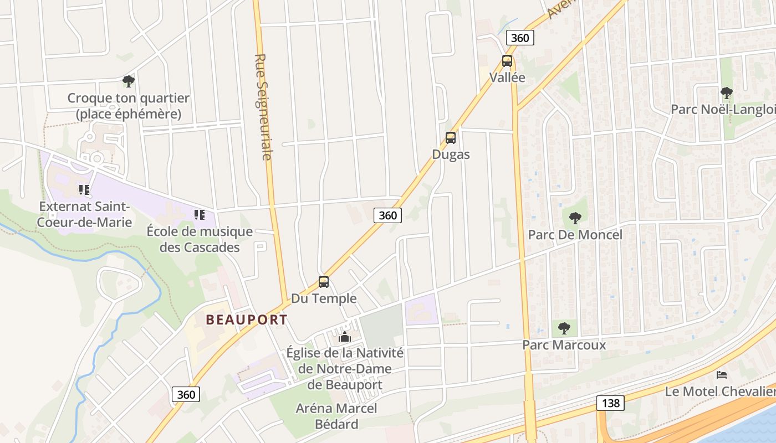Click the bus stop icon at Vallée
pos(507,61)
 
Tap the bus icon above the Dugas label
pos(451,138)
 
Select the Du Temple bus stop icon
pos(324,282)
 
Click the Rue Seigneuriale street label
pos(263,107)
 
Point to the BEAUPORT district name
pos(247,320)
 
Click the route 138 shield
pos(610,403)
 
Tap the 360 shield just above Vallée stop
pos(520,38)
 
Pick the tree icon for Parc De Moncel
pos(575,218)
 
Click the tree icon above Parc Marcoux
pos(564,328)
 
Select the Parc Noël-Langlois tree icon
pos(726,93)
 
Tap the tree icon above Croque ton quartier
pos(129,82)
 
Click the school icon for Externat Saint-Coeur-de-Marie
pos(84,190)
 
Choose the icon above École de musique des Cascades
pos(200,215)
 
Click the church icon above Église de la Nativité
pos(345,337)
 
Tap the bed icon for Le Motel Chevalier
pos(721,375)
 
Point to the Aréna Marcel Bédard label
pos(336,416)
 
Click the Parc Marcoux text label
pos(564,345)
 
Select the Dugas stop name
pos(451,154)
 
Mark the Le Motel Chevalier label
pos(720,392)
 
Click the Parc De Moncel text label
pos(575,235)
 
